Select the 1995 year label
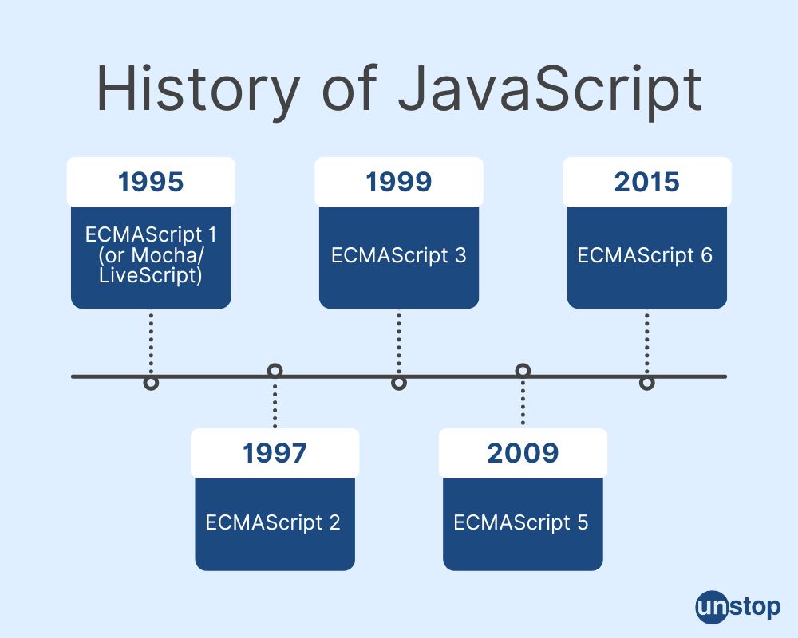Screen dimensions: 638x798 click(x=151, y=182)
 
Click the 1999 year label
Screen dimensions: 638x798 click(x=399, y=182)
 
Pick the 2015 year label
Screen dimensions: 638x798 click(x=646, y=182)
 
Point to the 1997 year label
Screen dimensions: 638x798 click(x=275, y=453)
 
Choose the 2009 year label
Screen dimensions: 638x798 click(x=523, y=453)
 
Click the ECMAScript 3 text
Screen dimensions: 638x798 click(x=399, y=256)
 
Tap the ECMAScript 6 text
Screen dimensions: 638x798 click(x=646, y=256)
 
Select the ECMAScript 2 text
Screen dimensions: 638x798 click(x=275, y=522)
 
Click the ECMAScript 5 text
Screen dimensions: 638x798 click(x=523, y=522)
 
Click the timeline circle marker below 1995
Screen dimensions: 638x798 click(x=151, y=384)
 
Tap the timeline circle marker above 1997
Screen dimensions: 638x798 click(x=275, y=370)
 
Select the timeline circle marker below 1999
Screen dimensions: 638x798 click(x=399, y=384)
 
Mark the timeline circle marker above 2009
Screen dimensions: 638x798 click(x=523, y=370)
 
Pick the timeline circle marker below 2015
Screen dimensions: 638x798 click(x=646, y=384)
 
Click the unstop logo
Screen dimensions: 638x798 click(x=737, y=607)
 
